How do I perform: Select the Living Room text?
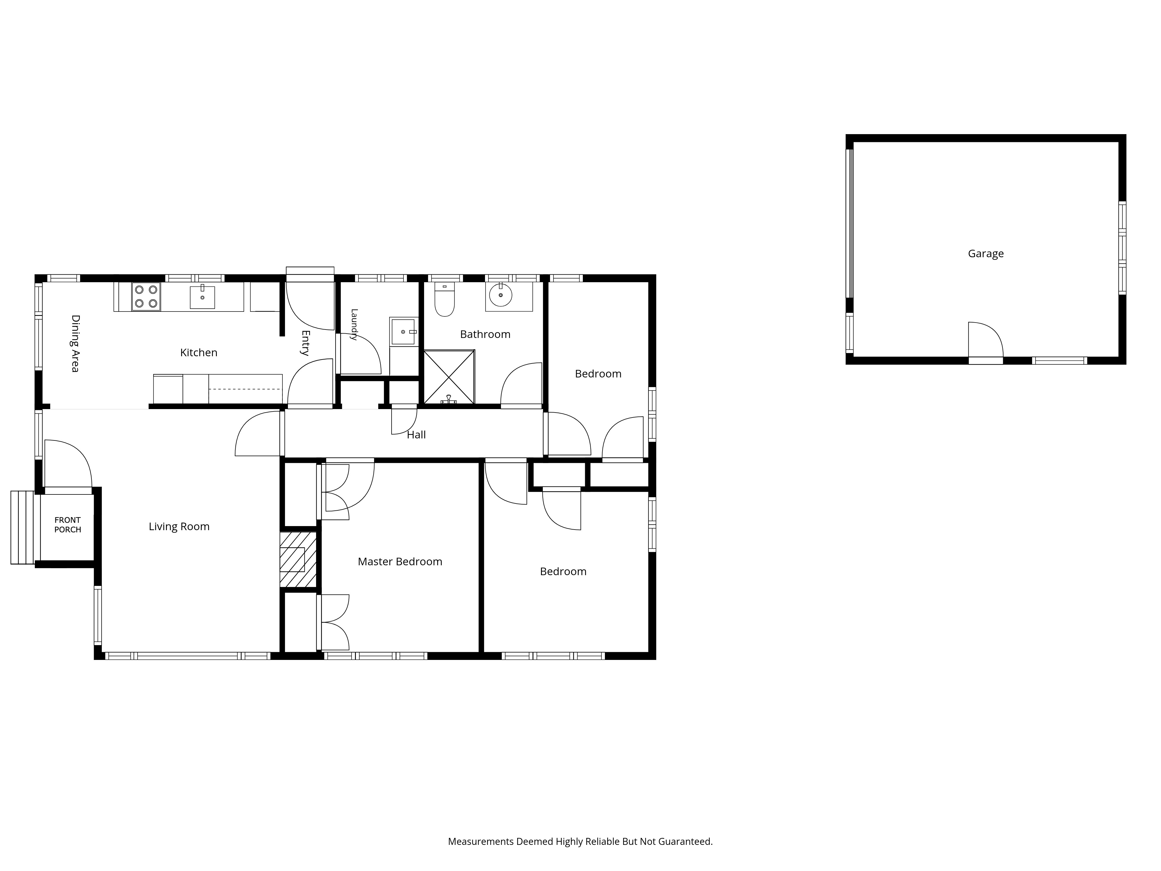179,527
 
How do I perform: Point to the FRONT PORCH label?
68,525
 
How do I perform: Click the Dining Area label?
75,343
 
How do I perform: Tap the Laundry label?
354,325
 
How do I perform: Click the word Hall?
416,435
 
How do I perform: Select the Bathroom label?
485,334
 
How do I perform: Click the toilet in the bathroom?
445,299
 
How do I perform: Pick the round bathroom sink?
501,295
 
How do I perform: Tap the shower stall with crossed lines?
449,377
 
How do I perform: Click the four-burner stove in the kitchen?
146,297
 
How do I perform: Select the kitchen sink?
202,297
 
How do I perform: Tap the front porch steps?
23,528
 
